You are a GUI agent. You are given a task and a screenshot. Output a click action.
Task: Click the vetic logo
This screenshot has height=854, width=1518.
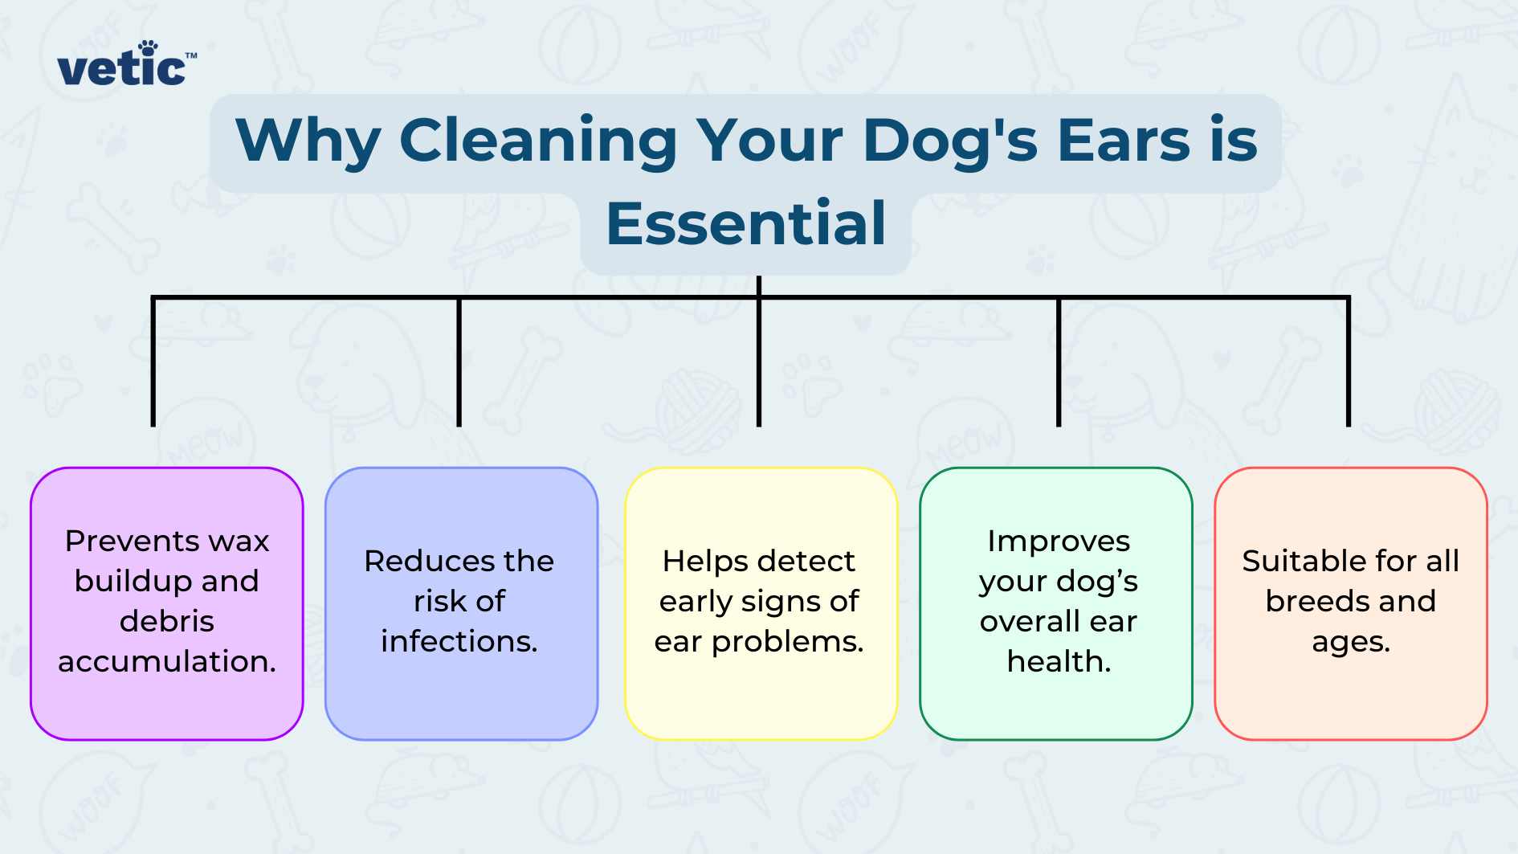(x=124, y=67)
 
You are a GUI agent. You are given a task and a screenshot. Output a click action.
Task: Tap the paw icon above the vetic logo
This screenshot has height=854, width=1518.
(x=148, y=48)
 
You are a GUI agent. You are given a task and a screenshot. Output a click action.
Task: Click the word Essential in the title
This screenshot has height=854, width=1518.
(x=745, y=224)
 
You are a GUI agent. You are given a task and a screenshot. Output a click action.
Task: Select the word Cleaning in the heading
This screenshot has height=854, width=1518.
(x=538, y=141)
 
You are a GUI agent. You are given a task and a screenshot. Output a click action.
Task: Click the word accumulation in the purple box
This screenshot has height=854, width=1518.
(x=167, y=661)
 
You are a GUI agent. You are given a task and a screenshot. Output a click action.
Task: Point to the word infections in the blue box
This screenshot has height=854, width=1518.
(x=459, y=641)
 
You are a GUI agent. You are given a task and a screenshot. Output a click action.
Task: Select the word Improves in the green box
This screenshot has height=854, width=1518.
(x=1058, y=541)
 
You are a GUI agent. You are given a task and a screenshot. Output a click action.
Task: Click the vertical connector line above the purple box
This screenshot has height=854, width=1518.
(x=153, y=362)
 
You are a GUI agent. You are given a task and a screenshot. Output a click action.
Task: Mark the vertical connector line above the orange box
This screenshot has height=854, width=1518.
(x=1348, y=362)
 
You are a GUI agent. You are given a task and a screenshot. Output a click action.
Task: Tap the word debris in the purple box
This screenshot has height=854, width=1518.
(x=167, y=621)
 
